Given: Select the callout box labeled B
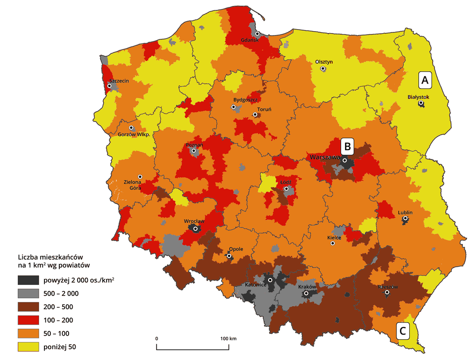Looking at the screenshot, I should pyautogui.click(x=348, y=146).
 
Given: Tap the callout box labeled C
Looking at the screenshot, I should pyautogui.click(x=403, y=331).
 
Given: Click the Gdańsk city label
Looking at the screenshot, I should pyautogui.click(x=249, y=40).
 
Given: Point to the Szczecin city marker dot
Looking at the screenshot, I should pyautogui.click(x=109, y=86).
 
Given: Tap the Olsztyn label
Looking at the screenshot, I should pyautogui.click(x=324, y=62).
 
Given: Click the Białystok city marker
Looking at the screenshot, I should pyautogui.click(x=421, y=104).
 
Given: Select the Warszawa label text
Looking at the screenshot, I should pyautogui.click(x=323, y=157).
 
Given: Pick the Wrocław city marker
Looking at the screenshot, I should pyautogui.click(x=196, y=229).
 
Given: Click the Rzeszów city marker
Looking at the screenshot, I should pyautogui.click(x=387, y=292).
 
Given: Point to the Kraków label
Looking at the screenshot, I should pyautogui.click(x=306, y=287).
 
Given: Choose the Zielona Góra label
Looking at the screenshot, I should pyautogui.click(x=140, y=185).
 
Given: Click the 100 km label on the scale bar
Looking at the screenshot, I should pyautogui.click(x=229, y=338).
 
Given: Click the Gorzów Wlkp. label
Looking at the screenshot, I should pyautogui.click(x=134, y=134).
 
